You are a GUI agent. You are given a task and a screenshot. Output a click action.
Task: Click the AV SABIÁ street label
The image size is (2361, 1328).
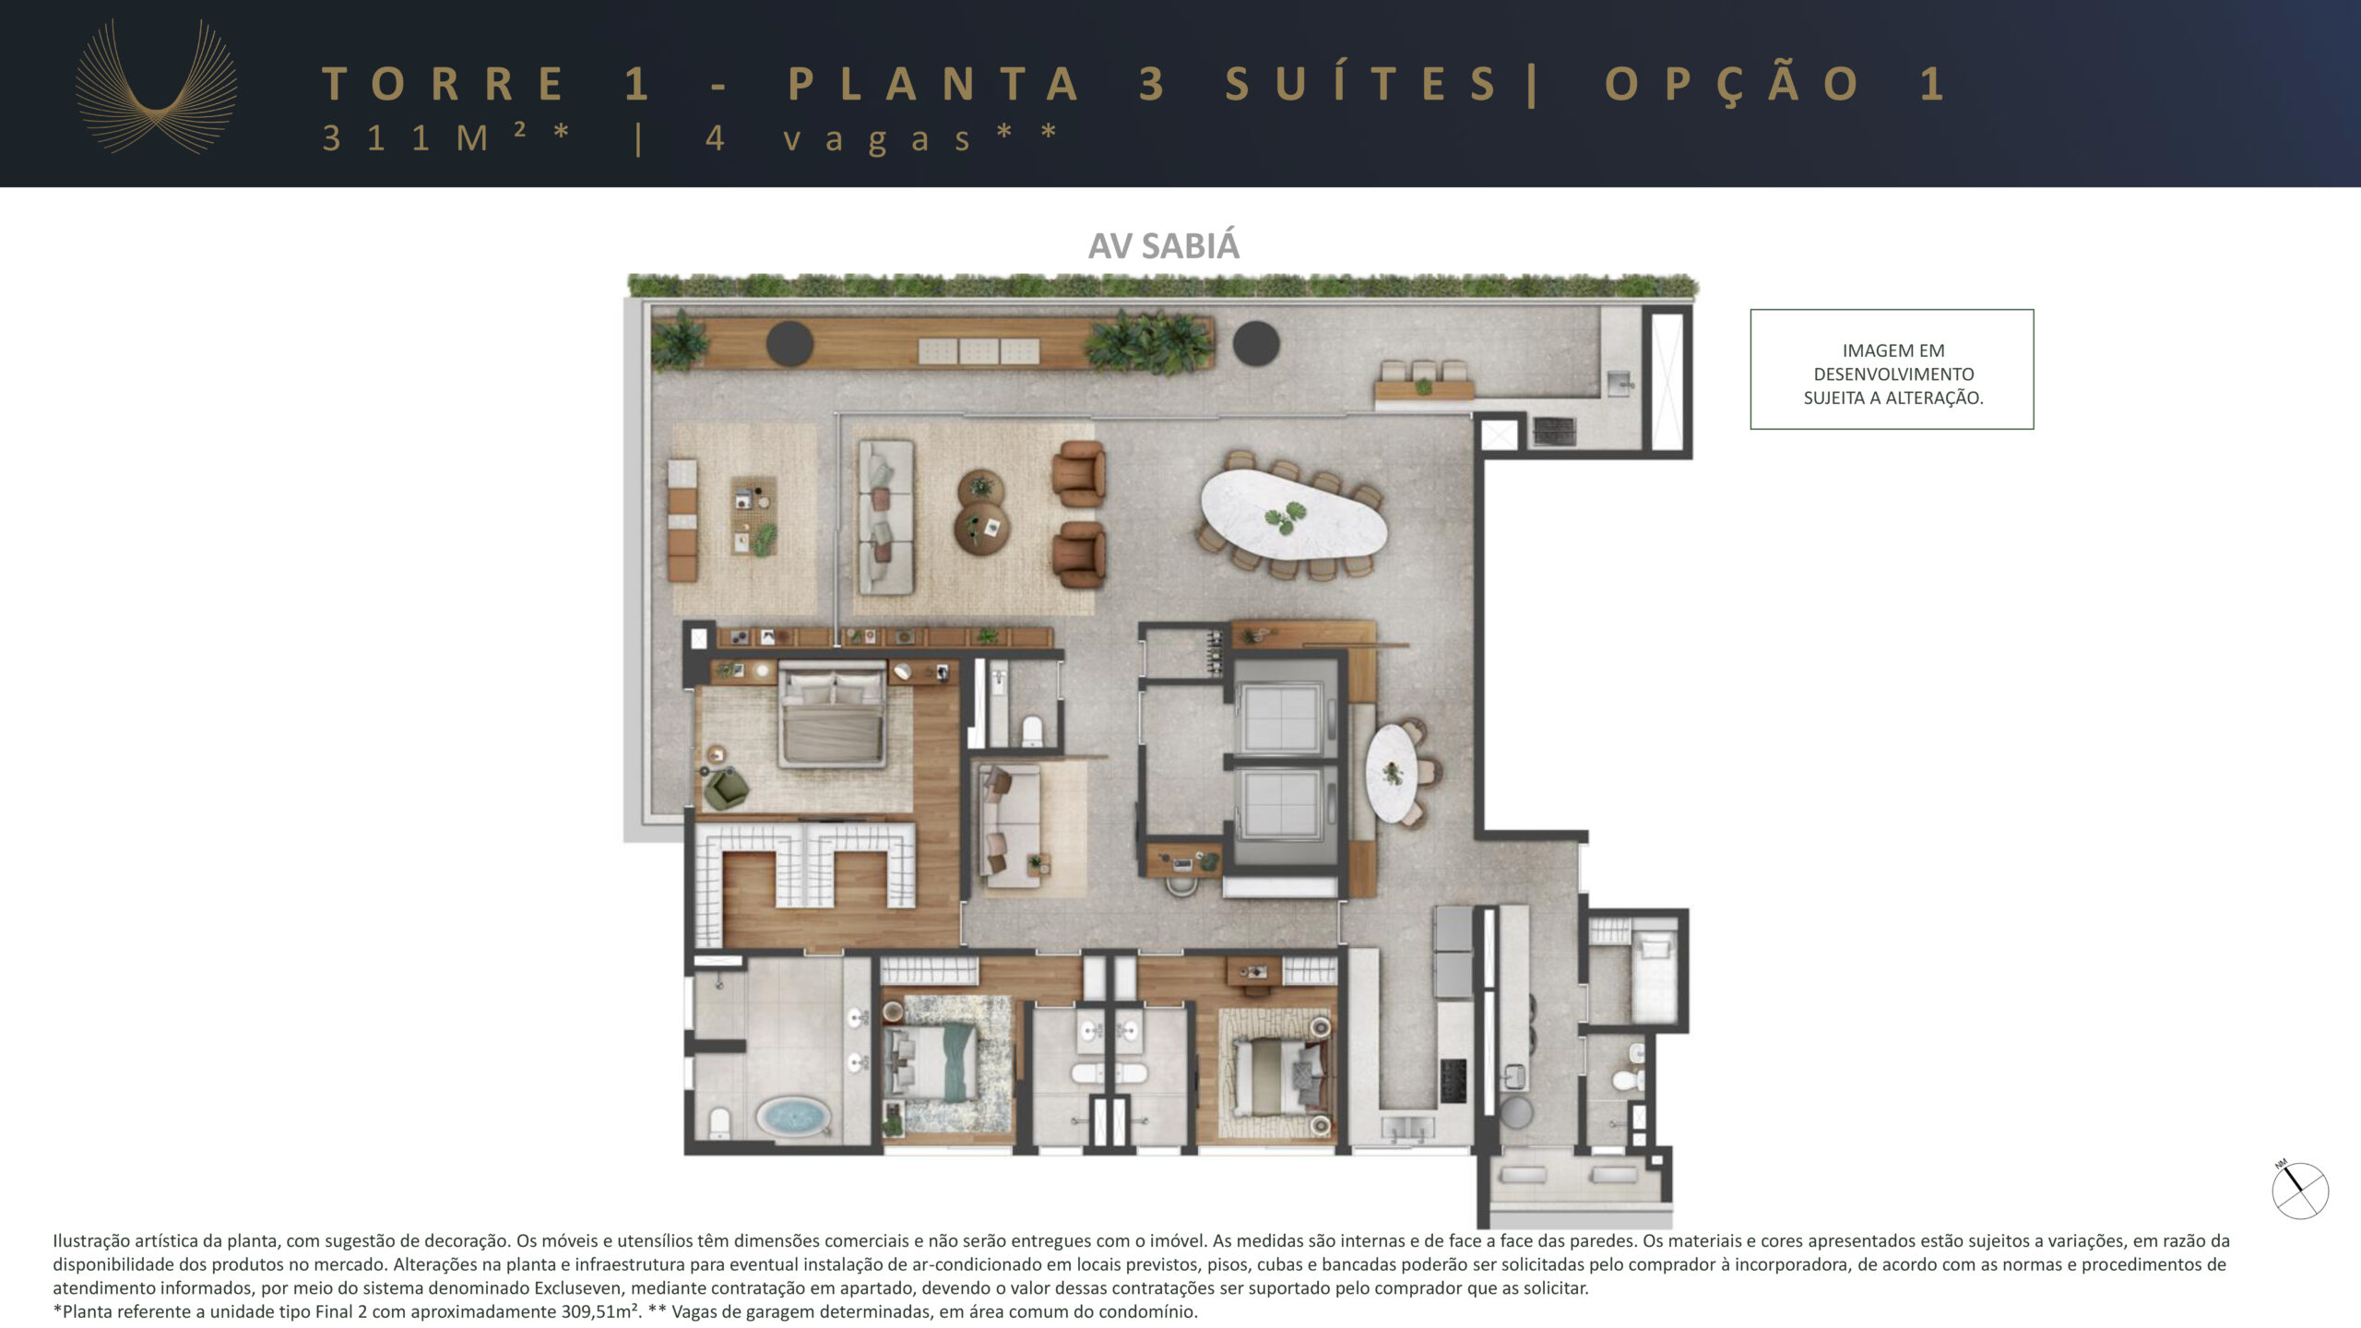pos(1164,245)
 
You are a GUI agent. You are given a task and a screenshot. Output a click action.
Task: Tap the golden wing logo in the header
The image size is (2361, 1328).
pos(156,87)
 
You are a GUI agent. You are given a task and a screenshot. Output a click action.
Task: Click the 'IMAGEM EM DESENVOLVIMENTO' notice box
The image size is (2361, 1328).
pos(1892,369)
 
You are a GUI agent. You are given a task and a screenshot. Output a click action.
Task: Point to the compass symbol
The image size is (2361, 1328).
pos(2300,1190)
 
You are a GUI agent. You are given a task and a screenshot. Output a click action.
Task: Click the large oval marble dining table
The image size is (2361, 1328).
pos(1293,514)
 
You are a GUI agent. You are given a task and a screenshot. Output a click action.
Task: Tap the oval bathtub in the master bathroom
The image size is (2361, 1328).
pos(791,1116)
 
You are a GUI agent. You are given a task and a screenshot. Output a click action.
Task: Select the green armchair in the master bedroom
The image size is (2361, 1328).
pos(725,788)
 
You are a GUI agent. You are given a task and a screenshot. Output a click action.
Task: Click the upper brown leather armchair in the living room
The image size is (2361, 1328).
pos(1079,472)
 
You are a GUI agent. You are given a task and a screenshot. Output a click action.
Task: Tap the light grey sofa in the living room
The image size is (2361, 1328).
pos(885,516)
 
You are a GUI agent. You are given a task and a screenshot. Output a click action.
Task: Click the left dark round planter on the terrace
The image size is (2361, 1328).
pos(789,343)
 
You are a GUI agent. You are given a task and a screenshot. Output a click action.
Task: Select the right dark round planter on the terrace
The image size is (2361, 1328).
pos(1256,343)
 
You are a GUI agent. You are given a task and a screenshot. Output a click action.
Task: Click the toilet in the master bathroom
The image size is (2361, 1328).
pos(720,1122)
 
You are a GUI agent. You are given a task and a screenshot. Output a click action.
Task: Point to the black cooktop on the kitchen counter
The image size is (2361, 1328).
pos(1453,1080)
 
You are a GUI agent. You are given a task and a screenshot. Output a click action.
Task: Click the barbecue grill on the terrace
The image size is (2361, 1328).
pos(1554,430)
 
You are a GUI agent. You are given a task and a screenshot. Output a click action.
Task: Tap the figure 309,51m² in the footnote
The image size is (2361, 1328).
pos(600,1311)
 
